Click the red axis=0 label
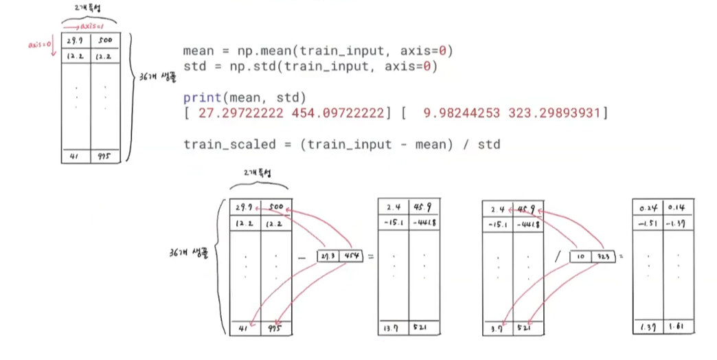[39, 44]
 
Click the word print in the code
[199, 98]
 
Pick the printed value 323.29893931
[555, 113]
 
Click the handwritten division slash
[557, 257]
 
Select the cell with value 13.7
[394, 328]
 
